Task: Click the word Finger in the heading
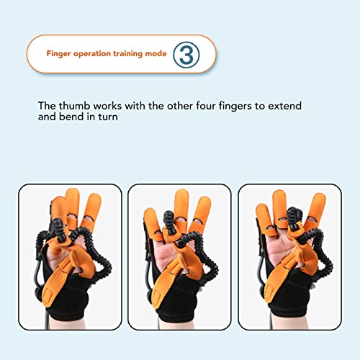point(59,54)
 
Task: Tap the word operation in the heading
point(92,54)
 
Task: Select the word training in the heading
point(128,54)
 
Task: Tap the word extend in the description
point(284,106)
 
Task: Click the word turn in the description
point(109,118)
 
